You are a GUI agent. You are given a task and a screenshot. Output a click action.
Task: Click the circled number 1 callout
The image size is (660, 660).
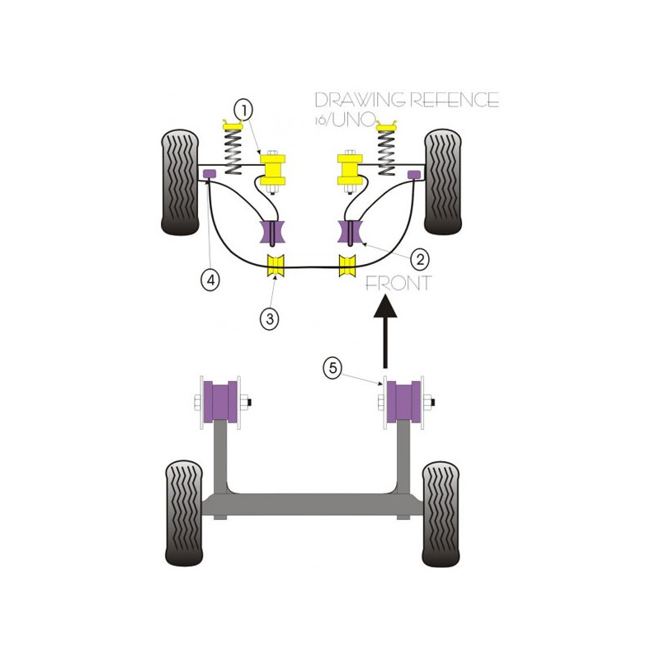tap(244, 111)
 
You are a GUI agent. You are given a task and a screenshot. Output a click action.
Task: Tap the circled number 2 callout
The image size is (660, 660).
tap(420, 259)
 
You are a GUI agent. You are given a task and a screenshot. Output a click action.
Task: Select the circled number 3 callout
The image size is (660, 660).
tap(270, 318)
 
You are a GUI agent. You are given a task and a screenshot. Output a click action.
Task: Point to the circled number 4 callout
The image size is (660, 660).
tap(210, 279)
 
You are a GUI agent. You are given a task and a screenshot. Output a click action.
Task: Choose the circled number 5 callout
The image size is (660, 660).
tap(332, 368)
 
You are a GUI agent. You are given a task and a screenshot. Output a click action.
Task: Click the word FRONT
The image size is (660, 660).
tap(398, 283)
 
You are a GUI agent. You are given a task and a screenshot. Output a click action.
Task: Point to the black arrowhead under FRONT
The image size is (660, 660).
tap(385, 306)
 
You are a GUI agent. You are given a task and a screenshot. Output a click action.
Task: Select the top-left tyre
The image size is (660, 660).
tap(180, 182)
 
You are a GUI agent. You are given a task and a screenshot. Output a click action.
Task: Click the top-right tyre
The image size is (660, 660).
tap(443, 181)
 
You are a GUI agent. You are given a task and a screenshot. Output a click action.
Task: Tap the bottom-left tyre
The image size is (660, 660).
tap(184, 513)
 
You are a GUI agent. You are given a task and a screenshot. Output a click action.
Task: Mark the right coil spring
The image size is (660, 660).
tap(387, 153)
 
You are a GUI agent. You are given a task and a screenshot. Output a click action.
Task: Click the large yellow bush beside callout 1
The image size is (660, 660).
tap(273, 170)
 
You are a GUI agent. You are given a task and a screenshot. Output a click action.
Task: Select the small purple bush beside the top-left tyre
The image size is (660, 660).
tap(210, 172)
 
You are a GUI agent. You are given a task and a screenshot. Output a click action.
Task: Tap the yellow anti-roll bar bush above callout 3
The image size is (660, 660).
tap(276, 266)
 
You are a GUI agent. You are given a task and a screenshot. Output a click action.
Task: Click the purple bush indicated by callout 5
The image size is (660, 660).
tap(403, 402)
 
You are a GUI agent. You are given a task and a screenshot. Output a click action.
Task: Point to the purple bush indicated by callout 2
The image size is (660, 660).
tap(351, 232)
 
